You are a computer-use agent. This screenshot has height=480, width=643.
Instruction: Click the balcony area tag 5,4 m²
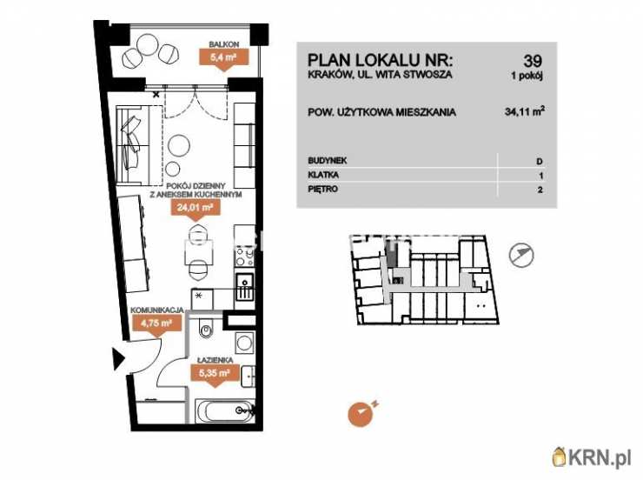tap(223, 57)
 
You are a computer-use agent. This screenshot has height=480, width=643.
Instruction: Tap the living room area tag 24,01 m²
tap(195, 207)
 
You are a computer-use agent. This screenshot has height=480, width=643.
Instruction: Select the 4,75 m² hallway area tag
tap(156, 323)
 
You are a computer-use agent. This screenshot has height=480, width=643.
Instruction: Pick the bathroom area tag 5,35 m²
tap(214, 373)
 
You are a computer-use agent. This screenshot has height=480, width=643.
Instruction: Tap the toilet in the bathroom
tap(206, 328)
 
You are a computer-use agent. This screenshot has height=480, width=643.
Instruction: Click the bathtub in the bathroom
tap(225, 410)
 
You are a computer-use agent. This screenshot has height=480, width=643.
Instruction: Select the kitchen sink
tap(245, 287)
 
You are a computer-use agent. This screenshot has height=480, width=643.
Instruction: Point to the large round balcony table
tap(147, 45)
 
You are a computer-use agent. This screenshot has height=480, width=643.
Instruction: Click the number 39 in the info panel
tap(533, 61)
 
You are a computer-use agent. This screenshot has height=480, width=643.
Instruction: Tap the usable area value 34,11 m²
tap(525, 111)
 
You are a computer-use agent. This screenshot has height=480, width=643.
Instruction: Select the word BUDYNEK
tap(328, 160)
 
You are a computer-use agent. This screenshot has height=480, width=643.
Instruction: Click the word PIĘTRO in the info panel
tap(322, 189)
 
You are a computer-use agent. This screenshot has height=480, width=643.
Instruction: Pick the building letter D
tap(540, 161)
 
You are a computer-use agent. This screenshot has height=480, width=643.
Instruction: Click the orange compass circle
tap(361, 414)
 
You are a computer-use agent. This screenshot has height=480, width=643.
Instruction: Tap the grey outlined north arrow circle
tap(521, 255)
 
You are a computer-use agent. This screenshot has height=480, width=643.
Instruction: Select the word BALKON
tap(224, 43)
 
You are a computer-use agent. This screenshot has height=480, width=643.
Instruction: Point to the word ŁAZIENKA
tap(215, 360)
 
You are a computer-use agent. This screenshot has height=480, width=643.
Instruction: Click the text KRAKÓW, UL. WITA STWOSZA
tap(380, 74)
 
